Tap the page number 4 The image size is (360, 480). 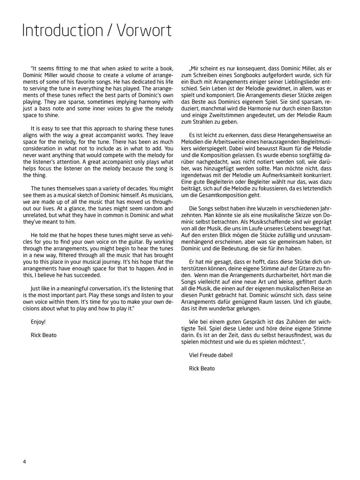click(x=25, y=461)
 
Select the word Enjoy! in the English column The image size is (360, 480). click(x=38, y=322)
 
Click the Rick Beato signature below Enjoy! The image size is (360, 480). click(x=44, y=335)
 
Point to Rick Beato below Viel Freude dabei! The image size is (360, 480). click(x=202, y=368)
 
